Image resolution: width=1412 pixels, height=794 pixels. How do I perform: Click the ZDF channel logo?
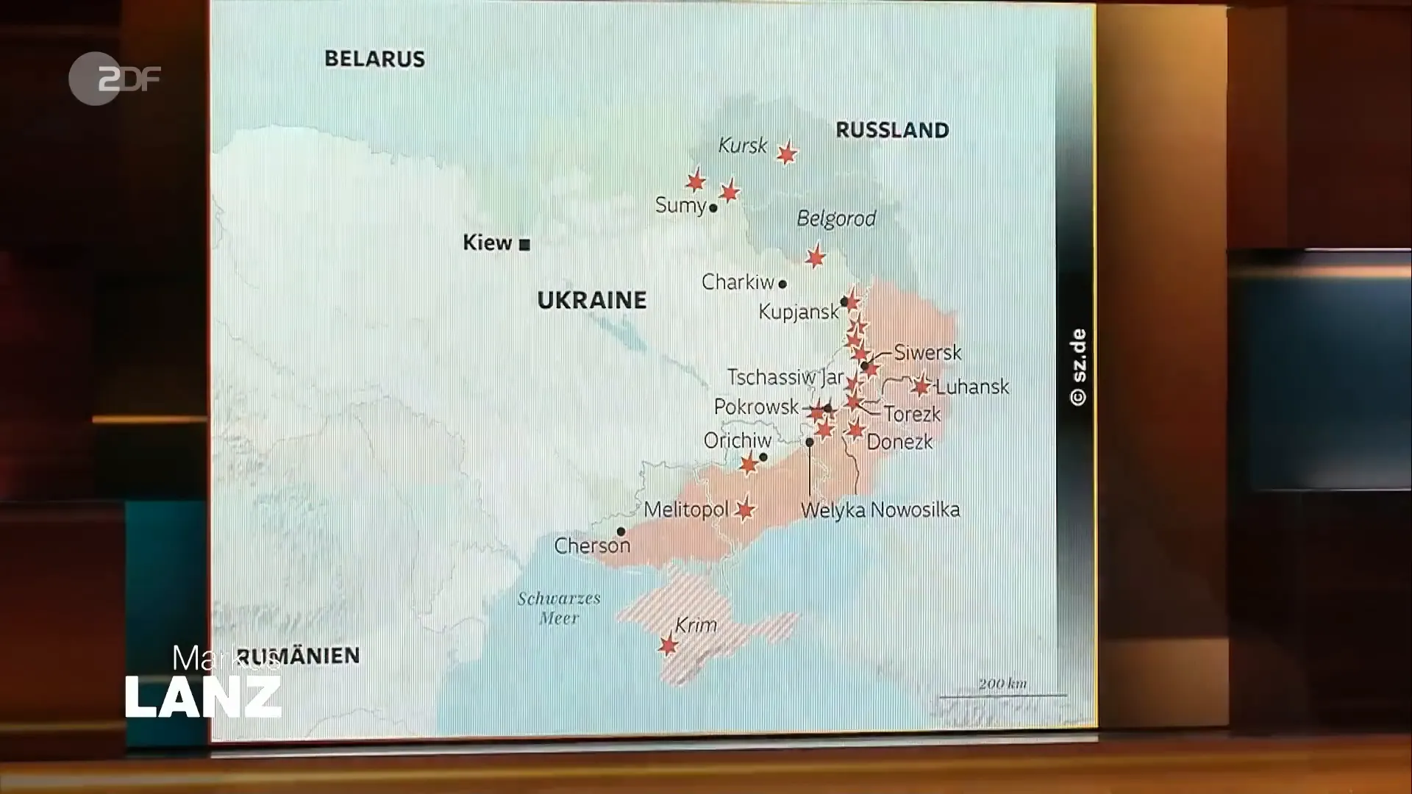point(114,78)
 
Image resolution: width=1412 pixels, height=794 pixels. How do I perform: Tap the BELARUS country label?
point(374,59)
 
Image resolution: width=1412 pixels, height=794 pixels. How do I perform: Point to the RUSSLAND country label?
point(892,130)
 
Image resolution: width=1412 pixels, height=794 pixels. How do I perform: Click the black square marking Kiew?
point(524,245)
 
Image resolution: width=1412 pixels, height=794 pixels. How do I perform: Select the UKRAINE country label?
point(592,300)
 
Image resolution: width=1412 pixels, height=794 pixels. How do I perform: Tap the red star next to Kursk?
point(787,153)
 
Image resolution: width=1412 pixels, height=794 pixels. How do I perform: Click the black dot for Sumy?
point(713,208)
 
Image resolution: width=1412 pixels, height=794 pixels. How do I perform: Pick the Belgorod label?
point(836,218)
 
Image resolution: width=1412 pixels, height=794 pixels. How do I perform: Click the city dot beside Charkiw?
point(782,284)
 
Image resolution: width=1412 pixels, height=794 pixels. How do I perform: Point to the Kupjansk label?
point(799,312)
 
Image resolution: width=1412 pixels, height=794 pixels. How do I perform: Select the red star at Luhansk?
point(921,385)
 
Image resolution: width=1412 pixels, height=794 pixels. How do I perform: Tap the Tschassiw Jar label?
point(785,377)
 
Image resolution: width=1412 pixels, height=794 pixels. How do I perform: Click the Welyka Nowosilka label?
point(880,509)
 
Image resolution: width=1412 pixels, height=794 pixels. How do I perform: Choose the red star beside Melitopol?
point(744,509)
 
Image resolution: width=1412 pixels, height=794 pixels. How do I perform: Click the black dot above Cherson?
point(621,532)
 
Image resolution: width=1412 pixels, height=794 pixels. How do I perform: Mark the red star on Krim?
point(668,645)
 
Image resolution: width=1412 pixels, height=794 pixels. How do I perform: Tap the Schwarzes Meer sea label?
point(559,608)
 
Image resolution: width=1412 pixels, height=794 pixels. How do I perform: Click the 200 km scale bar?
point(1003,694)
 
